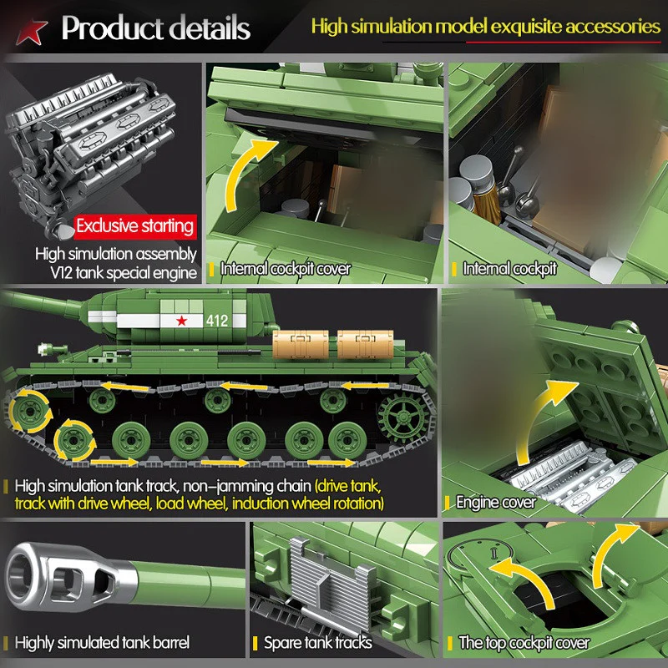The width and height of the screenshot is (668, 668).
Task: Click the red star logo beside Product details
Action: (x=31, y=33)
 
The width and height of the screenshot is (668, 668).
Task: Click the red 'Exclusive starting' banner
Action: (x=135, y=226)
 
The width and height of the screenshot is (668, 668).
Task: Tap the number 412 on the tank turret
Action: (x=217, y=321)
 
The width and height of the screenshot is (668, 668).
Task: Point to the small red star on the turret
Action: (x=182, y=321)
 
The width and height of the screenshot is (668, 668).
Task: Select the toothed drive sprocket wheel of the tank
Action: (x=402, y=417)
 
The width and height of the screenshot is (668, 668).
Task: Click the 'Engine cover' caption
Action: (x=495, y=503)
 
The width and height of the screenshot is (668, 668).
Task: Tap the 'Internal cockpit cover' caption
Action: (x=286, y=269)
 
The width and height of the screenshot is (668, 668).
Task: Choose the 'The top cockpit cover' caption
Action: (x=524, y=642)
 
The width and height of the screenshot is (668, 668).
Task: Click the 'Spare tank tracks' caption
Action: (x=318, y=642)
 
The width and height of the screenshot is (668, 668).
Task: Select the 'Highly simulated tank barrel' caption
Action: (x=102, y=642)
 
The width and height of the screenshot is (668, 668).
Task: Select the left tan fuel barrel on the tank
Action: (x=301, y=344)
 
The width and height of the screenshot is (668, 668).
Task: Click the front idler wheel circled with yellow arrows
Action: (x=30, y=412)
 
